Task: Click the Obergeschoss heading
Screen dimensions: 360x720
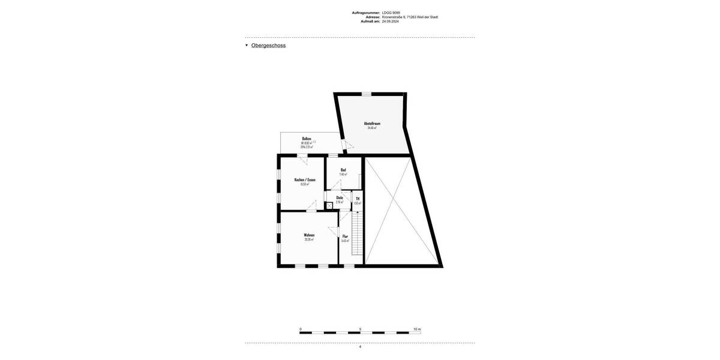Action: click(268, 46)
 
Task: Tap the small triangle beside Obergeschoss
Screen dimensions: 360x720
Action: click(247, 45)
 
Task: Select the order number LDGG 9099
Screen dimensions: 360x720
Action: click(391, 13)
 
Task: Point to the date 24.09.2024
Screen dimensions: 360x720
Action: click(390, 21)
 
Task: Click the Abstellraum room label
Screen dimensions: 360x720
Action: click(372, 124)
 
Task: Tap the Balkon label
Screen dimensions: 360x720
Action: click(307, 139)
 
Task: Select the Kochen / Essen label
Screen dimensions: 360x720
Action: click(305, 180)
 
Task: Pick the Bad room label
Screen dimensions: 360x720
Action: click(343, 170)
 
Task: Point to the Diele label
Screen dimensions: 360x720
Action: click(340, 197)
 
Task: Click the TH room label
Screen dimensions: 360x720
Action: click(358, 199)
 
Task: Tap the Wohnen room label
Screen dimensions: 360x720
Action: click(309, 235)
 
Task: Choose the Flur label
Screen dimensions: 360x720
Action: click(345, 236)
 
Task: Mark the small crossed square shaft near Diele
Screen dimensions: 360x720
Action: click(329, 206)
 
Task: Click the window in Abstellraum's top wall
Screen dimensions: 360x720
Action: click(366, 94)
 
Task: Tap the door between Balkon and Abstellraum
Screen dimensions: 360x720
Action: click(344, 145)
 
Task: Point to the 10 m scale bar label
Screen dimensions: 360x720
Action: click(417, 329)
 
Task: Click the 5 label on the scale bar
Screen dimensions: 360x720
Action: click(360, 329)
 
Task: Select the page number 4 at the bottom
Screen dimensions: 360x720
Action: click(360, 347)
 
